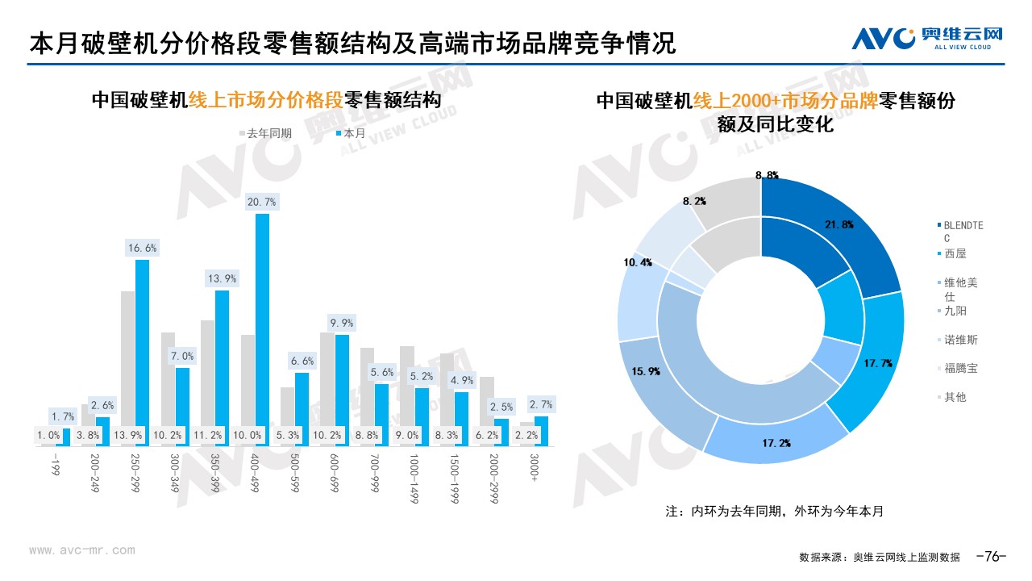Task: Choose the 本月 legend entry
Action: pos(351,133)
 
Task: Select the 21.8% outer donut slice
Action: pos(838,226)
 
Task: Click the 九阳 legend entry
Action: pos(955,311)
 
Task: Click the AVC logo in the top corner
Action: pos(927,37)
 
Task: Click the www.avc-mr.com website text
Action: pos(82,550)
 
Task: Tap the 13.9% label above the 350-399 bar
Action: pos(222,278)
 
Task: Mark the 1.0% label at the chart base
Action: pos(48,435)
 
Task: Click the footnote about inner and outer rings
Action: pos(774,512)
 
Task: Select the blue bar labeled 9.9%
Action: pos(342,379)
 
